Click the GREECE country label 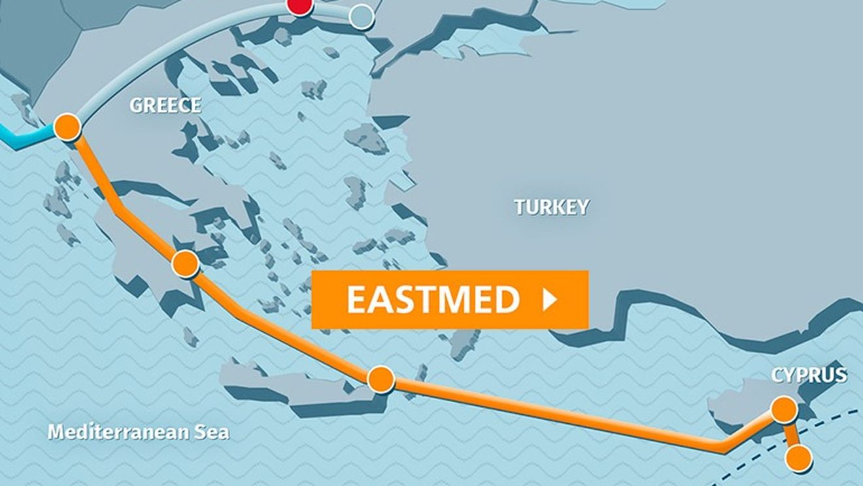[x=165, y=105]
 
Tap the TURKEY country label [x=551, y=207]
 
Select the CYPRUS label [x=809, y=375]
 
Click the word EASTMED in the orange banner [x=432, y=300]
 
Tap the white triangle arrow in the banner [x=550, y=300]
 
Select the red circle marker [x=300, y=5]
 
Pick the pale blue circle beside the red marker [x=361, y=16]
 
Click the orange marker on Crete [x=381, y=379]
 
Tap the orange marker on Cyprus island [x=784, y=409]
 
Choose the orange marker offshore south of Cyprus [x=798, y=459]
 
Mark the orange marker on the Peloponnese [x=185, y=264]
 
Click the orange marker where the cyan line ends [x=67, y=127]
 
